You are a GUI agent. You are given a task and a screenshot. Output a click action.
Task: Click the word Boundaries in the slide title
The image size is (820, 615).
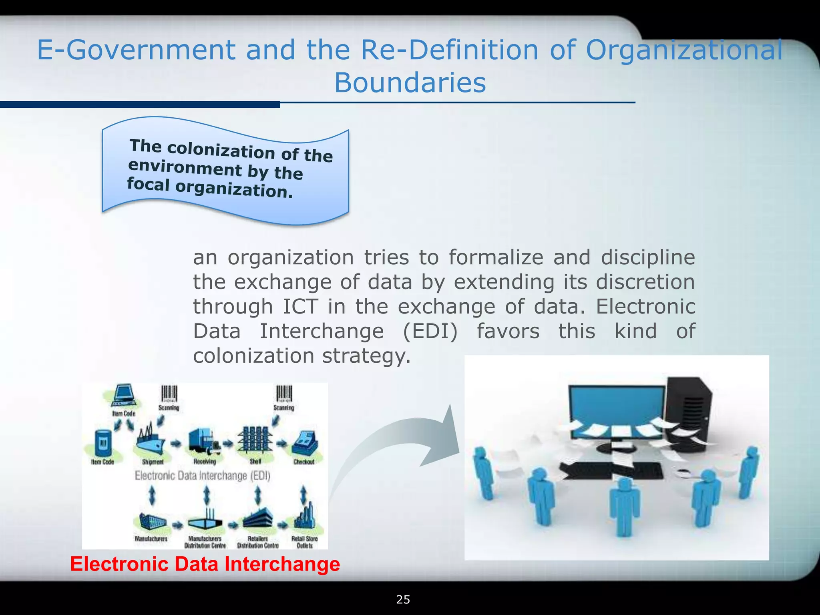(x=410, y=83)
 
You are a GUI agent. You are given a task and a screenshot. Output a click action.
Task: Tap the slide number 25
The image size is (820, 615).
(x=403, y=599)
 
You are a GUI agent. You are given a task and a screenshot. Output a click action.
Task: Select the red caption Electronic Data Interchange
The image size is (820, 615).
(x=205, y=564)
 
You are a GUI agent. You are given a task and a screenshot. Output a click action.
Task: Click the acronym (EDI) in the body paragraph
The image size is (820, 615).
(x=430, y=332)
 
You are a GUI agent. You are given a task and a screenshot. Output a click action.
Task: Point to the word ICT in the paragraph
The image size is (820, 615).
(x=300, y=307)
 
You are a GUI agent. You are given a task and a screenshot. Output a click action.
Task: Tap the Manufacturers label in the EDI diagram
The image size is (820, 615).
(x=151, y=539)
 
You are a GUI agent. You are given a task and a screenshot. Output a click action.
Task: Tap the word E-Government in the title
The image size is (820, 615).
(x=135, y=50)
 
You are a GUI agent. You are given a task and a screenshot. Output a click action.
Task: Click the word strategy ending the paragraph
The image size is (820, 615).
(x=366, y=356)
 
